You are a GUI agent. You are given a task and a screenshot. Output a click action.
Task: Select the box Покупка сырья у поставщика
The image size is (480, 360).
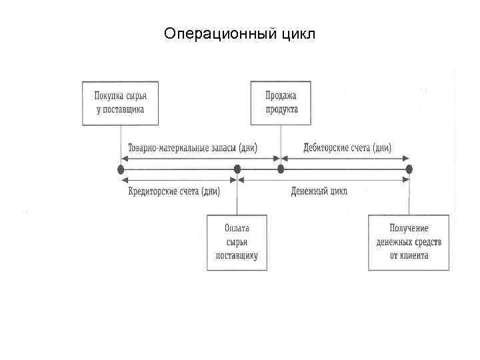point(120,103)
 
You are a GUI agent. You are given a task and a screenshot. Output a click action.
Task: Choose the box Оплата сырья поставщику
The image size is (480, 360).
point(237,243)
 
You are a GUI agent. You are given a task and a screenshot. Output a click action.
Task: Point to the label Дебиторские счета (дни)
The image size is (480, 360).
point(347,147)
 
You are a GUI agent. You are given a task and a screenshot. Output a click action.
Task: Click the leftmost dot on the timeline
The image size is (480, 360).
point(121,169)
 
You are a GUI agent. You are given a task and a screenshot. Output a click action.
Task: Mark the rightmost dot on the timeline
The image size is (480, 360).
point(409,169)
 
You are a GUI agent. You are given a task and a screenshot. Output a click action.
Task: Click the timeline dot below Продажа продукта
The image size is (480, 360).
point(281,169)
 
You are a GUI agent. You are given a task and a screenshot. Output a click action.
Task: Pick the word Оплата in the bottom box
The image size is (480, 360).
point(237,230)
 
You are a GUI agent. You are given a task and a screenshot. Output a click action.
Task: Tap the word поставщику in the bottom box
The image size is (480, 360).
point(237,255)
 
